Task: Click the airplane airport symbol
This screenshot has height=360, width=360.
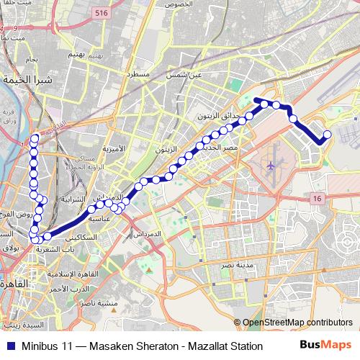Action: pos(270,166)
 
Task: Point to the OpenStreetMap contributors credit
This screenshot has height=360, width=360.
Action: pos(297,323)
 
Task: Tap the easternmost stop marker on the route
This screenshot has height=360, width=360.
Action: pos(328,135)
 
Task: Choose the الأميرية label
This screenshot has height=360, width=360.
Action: pos(113,148)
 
